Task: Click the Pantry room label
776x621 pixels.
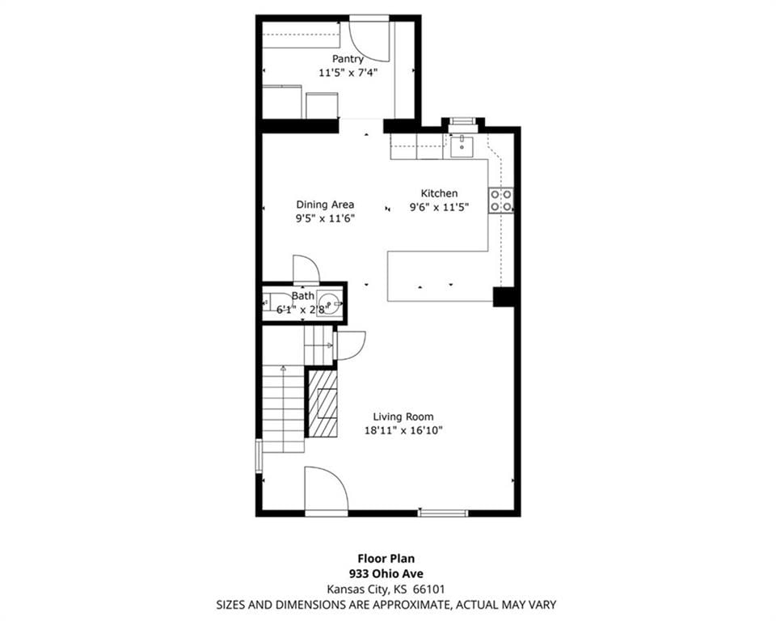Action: tap(348, 59)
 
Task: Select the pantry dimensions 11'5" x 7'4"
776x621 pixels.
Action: tap(348, 72)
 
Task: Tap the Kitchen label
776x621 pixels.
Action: tap(439, 193)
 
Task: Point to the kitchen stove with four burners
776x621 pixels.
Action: tap(501, 201)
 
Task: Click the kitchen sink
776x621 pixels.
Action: tap(462, 146)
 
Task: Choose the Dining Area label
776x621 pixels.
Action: tap(325, 204)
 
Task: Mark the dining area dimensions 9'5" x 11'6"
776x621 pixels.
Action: tap(325, 218)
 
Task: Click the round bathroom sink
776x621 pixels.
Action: tap(329, 302)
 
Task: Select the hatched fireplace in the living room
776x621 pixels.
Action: tap(323, 403)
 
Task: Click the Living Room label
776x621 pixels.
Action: tap(403, 416)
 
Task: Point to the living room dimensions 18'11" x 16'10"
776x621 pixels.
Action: tap(403, 430)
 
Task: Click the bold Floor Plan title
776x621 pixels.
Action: tap(386, 559)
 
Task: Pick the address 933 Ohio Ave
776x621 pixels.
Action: tap(386, 574)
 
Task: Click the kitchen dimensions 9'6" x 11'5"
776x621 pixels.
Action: tap(439, 207)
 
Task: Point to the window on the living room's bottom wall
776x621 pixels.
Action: tap(443, 513)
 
